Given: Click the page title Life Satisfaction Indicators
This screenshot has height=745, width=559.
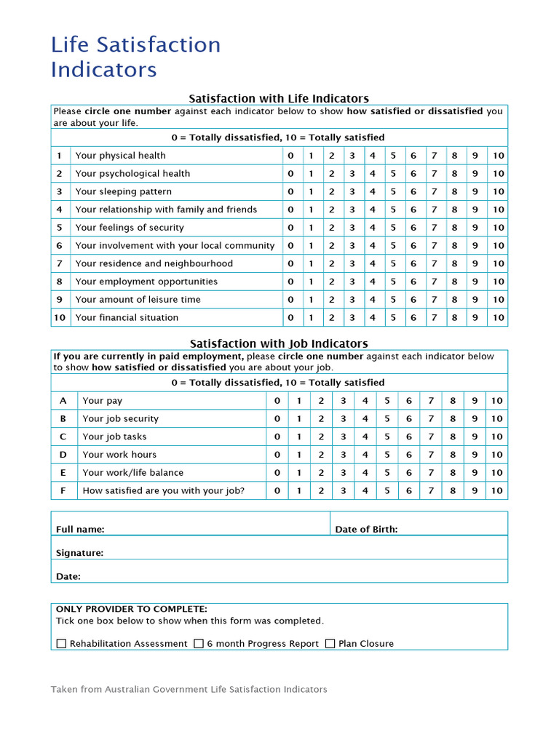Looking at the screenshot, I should pyautogui.click(x=135, y=57).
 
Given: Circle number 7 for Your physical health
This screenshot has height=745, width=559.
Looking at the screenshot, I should pyautogui.click(x=433, y=156).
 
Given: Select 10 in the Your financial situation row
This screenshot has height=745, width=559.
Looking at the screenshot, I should pyautogui.click(x=498, y=317).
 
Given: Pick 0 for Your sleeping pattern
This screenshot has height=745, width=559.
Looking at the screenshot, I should pyautogui.click(x=290, y=192).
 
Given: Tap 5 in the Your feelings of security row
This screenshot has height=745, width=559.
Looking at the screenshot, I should pyautogui.click(x=392, y=228).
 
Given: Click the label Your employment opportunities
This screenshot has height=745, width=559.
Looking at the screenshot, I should pyautogui.click(x=146, y=282).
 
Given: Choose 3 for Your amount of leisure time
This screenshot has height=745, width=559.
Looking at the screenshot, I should pyautogui.click(x=352, y=300).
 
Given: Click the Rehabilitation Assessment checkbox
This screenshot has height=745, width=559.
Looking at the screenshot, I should pyautogui.click(x=61, y=644).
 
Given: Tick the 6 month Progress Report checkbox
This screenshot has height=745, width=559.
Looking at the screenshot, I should pyautogui.click(x=199, y=644).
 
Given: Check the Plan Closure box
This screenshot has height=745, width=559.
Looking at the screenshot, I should pyautogui.click(x=330, y=644).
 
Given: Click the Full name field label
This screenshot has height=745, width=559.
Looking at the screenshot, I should pyautogui.click(x=80, y=530).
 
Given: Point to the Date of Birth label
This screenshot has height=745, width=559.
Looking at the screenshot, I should pyautogui.click(x=366, y=530).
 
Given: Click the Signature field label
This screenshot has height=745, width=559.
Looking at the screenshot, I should pyautogui.click(x=79, y=553).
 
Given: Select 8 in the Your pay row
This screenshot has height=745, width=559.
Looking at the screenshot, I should pyautogui.click(x=453, y=401).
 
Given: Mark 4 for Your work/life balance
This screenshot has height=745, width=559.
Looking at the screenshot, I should pyautogui.click(x=365, y=473).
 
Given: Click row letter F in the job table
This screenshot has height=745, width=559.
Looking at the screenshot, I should pyautogui.click(x=63, y=491).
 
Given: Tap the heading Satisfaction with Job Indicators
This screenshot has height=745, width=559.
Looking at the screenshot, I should pyautogui.click(x=279, y=343).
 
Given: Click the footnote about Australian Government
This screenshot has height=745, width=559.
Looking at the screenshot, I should pyautogui.click(x=189, y=690).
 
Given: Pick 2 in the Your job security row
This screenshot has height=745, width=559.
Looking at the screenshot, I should pyautogui.click(x=321, y=419).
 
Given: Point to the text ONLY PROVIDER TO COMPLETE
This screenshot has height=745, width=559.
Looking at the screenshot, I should pyautogui.click(x=132, y=609).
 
